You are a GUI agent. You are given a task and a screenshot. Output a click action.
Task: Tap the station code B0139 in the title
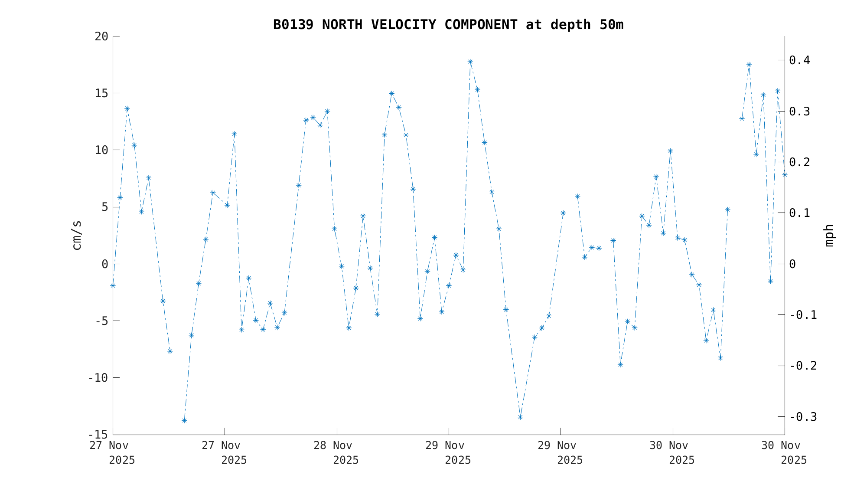click(x=293, y=25)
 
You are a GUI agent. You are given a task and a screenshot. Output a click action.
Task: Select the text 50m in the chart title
click(x=611, y=25)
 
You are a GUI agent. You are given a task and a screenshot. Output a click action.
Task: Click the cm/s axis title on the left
click(x=77, y=235)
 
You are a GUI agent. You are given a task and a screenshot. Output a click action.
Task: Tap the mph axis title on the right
click(x=829, y=235)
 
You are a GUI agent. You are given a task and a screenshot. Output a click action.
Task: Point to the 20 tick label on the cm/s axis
click(x=101, y=36)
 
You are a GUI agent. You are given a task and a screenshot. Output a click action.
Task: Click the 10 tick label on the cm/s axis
click(x=101, y=150)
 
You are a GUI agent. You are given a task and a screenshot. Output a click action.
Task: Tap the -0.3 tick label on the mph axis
click(x=803, y=417)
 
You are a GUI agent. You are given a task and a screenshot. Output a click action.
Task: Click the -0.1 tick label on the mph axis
click(x=803, y=315)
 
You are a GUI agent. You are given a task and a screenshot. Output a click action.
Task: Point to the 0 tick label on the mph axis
click(x=792, y=264)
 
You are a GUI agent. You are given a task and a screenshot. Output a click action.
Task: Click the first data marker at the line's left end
click(x=113, y=285)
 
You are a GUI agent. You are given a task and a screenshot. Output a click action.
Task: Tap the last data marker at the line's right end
click(x=784, y=174)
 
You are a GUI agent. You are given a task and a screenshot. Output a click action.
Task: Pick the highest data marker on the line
click(x=470, y=62)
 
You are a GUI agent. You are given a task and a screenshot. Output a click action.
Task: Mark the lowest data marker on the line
click(x=184, y=420)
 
